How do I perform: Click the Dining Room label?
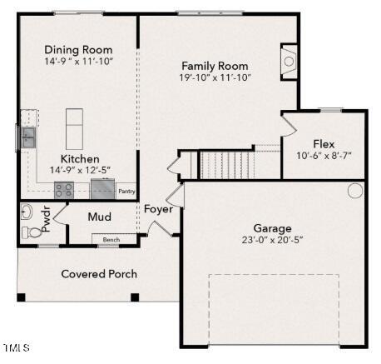pyautogui.click(x=78, y=50)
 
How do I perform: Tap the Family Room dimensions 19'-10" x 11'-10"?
pyautogui.click(x=215, y=77)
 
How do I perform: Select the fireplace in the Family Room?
pyautogui.click(x=289, y=62)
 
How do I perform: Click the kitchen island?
pyautogui.click(x=74, y=129)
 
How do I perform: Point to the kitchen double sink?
pyautogui.click(x=28, y=137)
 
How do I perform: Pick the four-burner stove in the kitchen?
pyautogui.click(x=64, y=190)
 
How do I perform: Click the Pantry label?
pyautogui.click(x=126, y=192)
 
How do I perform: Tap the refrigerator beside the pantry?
pyautogui.click(x=102, y=189)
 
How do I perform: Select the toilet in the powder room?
pyautogui.click(x=31, y=232)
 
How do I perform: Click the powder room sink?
pyautogui.click(x=27, y=212)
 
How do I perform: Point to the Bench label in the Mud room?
pyautogui.click(x=111, y=240)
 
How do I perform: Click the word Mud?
pyautogui.click(x=100, y=217)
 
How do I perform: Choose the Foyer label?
pyautogui.click(x=158, y=209)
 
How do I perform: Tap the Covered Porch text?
pyautogui.click(x=99, y=274)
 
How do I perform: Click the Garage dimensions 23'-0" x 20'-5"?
pyautogui.click(x=272, y=240)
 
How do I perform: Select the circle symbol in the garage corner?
pyautogui.click(x=355, y=191)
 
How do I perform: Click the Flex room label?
pyautogui.click(x=324, y=144)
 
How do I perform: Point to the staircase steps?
pyautogui.click(x=227, y=165)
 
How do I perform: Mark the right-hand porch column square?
pyautogui.click(x=135, y=297)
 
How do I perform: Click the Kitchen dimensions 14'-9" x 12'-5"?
pyautogui.click(x=80, y=170)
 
